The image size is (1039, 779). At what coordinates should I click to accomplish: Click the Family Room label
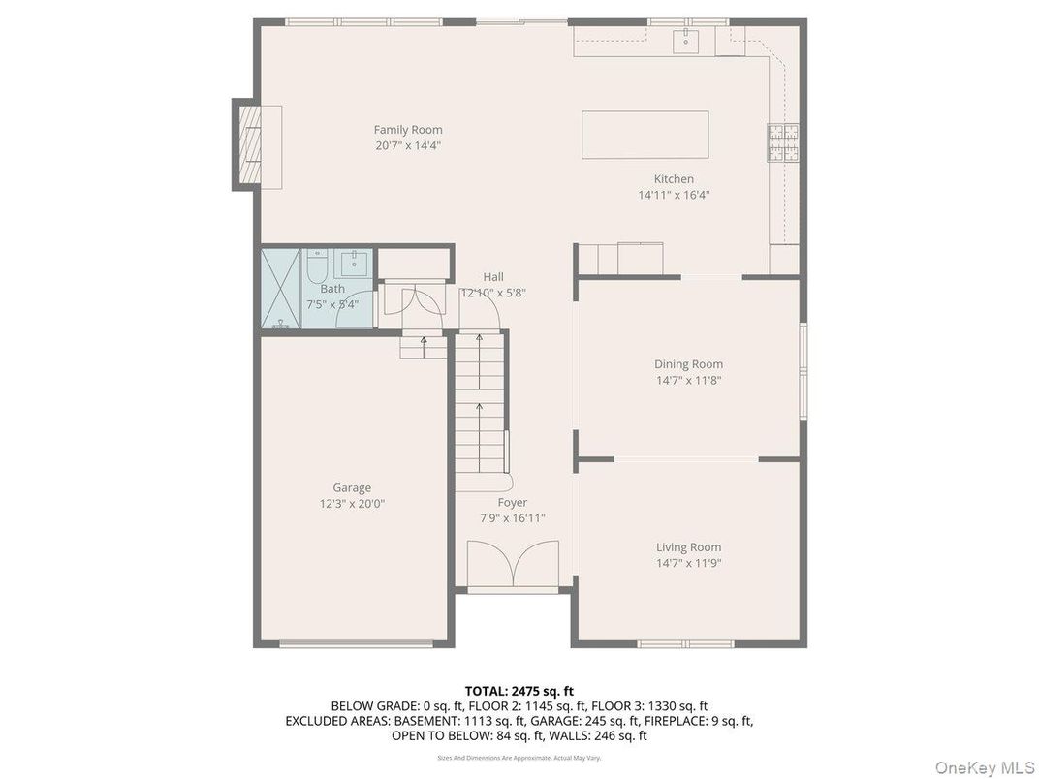coord(408,130)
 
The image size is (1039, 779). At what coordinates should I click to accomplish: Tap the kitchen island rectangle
coord(645,135)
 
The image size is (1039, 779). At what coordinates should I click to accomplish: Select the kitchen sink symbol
coord(686,40)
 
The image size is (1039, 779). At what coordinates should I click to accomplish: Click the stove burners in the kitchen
coord(783,142)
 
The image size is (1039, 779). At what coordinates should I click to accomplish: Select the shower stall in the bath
coord(282,289)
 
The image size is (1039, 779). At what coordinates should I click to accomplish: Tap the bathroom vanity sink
coord(354,263)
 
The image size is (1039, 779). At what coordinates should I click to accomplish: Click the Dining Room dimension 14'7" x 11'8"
coord(688,381)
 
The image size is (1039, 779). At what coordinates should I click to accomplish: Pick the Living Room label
coord(688,546)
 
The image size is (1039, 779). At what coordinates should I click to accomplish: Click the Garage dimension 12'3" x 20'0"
coord(352,504)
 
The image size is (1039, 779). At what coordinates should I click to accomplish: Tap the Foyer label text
coord(513,502)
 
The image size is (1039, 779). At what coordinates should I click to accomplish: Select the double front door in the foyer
coord(513,565)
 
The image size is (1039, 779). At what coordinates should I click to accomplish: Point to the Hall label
coord(493,276)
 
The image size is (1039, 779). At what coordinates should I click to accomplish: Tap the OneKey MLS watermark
coord(984,768)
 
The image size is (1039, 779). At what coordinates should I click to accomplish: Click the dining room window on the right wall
coord(803,371)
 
